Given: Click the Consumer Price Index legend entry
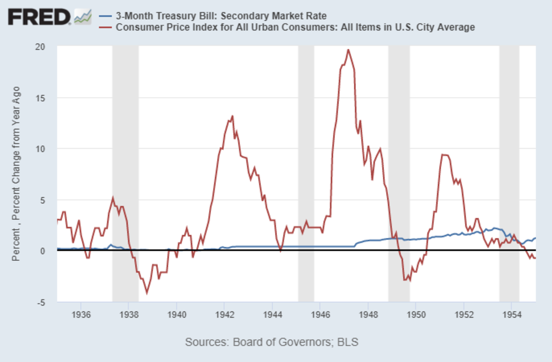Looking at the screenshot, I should coord(295,28).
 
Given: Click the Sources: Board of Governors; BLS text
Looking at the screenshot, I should coord(271,342).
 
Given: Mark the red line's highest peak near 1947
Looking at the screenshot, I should coord(348,50).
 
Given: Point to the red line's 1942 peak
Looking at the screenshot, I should coord(232,116).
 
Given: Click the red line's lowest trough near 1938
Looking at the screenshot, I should coord(147,293).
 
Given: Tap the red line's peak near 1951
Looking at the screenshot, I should coord(443,155).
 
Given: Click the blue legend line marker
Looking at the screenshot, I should coord(105,17).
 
